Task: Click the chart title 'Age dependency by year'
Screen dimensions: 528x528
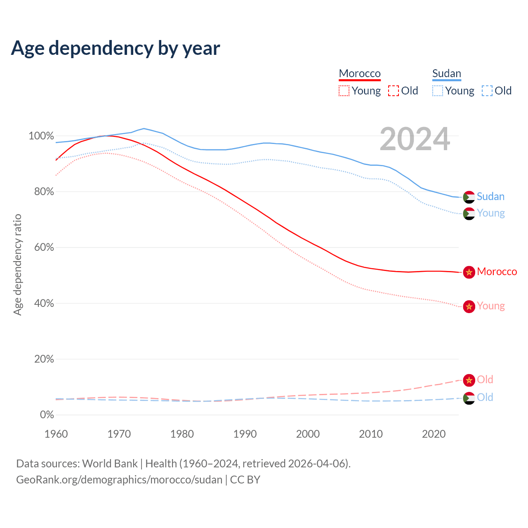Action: click(115, 48)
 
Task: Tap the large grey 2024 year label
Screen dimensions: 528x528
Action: click(415, 139)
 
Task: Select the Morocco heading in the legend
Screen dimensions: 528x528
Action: click(360, 73)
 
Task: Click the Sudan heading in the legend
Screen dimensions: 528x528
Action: click(446, 73)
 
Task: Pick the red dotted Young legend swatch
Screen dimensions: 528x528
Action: click(344, 91)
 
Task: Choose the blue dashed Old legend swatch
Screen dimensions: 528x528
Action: click(487, 91)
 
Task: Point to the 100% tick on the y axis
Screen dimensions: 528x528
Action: click(41, 136)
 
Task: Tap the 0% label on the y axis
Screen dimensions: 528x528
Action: click(47, 415)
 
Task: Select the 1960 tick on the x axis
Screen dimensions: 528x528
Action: click(56, 434)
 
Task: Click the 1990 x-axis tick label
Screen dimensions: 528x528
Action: click(245, 434)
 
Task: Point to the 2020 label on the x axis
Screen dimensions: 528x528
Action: click(434, 434)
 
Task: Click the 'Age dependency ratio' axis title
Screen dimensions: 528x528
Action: click(17, 264)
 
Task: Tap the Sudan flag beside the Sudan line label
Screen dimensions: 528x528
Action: click(469, 197)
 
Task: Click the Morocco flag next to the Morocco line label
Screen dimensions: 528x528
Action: click(469, 272)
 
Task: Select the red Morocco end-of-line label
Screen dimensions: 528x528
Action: click(497, 272)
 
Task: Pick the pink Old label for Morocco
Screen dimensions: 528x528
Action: click(485, 379)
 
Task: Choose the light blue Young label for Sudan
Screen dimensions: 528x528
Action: click(490, 213)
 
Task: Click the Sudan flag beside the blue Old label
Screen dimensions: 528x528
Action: click(469, 398)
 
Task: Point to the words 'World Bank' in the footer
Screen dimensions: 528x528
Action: click(110, 464)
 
